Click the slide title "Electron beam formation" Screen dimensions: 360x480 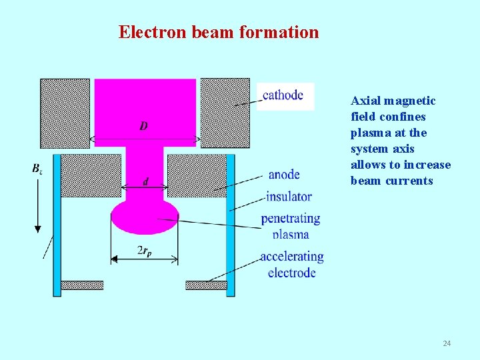coord(219,32)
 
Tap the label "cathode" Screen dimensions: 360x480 coord(283,95)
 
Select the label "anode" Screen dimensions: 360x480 coord(284,175)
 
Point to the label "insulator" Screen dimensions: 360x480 coord(289,196)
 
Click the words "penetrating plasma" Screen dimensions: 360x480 coord(290,226)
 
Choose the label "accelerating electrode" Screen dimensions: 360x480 coord(291,265)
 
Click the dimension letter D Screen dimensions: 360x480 coord(144,126)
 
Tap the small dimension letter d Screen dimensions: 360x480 coord(145,181)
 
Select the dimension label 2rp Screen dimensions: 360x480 coord(144,251)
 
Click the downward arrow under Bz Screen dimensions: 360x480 coord(38,207)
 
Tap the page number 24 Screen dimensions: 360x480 coord(447,343)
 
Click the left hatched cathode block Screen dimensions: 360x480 coord(65,113)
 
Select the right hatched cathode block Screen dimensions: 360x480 coord(225,113)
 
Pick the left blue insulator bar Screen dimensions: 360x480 coord(57,223)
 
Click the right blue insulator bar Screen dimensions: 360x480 coord(231,223)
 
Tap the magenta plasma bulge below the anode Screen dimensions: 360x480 coord(145,217)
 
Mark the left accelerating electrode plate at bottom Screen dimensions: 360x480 coord(82,285)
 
